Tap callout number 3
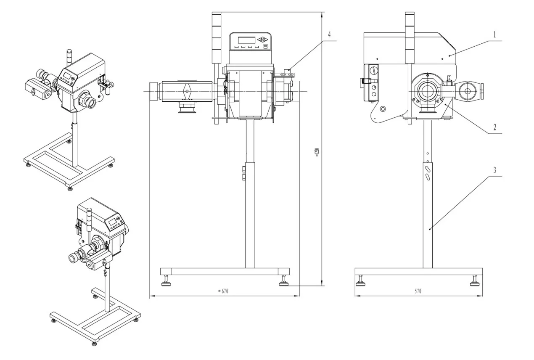(495, 171)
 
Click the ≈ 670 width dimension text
(223, 291)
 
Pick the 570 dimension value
(418, 291)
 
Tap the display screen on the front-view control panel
(247, 40)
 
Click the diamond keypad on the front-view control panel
(263, 40)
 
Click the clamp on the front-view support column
(244, 173)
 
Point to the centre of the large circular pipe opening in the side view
(428, 91)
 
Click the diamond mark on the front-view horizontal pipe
(188, 90)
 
